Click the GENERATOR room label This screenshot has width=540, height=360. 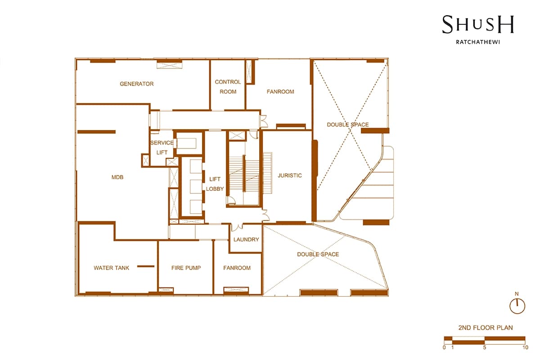pyautogui.click(x=137, y=84)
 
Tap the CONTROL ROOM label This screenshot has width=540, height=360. pyautogui.click(x=228, y=87)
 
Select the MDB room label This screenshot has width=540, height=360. pyautogui.click(x=117, y=177)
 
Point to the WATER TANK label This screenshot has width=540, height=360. pyautogui.click(x=112, y=268)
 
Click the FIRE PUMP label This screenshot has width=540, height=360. pyautogui.click(x=186, y=268)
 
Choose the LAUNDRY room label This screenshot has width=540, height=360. pyautogui.click(x=246, y=239)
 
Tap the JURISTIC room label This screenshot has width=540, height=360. pyautogui.click(x=290, y=175)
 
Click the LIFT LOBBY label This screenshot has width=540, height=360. pyautogui.click(x=215, y=184)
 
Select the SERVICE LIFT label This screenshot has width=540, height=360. pyautogui.click(x=162, y=148)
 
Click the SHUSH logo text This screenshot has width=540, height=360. pyautogui.click(x=478, y=24)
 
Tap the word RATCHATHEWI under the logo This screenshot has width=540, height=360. pyautogui.click(x=478, y=42)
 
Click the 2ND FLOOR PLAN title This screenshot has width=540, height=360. pyautogui.click(x=486, y=328)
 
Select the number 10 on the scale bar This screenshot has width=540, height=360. pyautogui.click(x=526, y=347)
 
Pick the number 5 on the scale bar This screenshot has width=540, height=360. pyautogui.click(x=485, y=347)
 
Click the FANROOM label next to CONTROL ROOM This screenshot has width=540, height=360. pyautogui.click(x=280, y=92)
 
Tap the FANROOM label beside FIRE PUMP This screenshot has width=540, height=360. pyautogui.click(x=237, y=268)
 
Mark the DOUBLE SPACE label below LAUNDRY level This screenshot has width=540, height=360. pyautogui.click(x=318, y=254)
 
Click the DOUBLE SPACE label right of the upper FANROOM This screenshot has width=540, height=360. pyautogui.click(x=348, y=124)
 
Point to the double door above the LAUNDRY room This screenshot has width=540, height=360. pyautogui.click(x=237, y=227)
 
